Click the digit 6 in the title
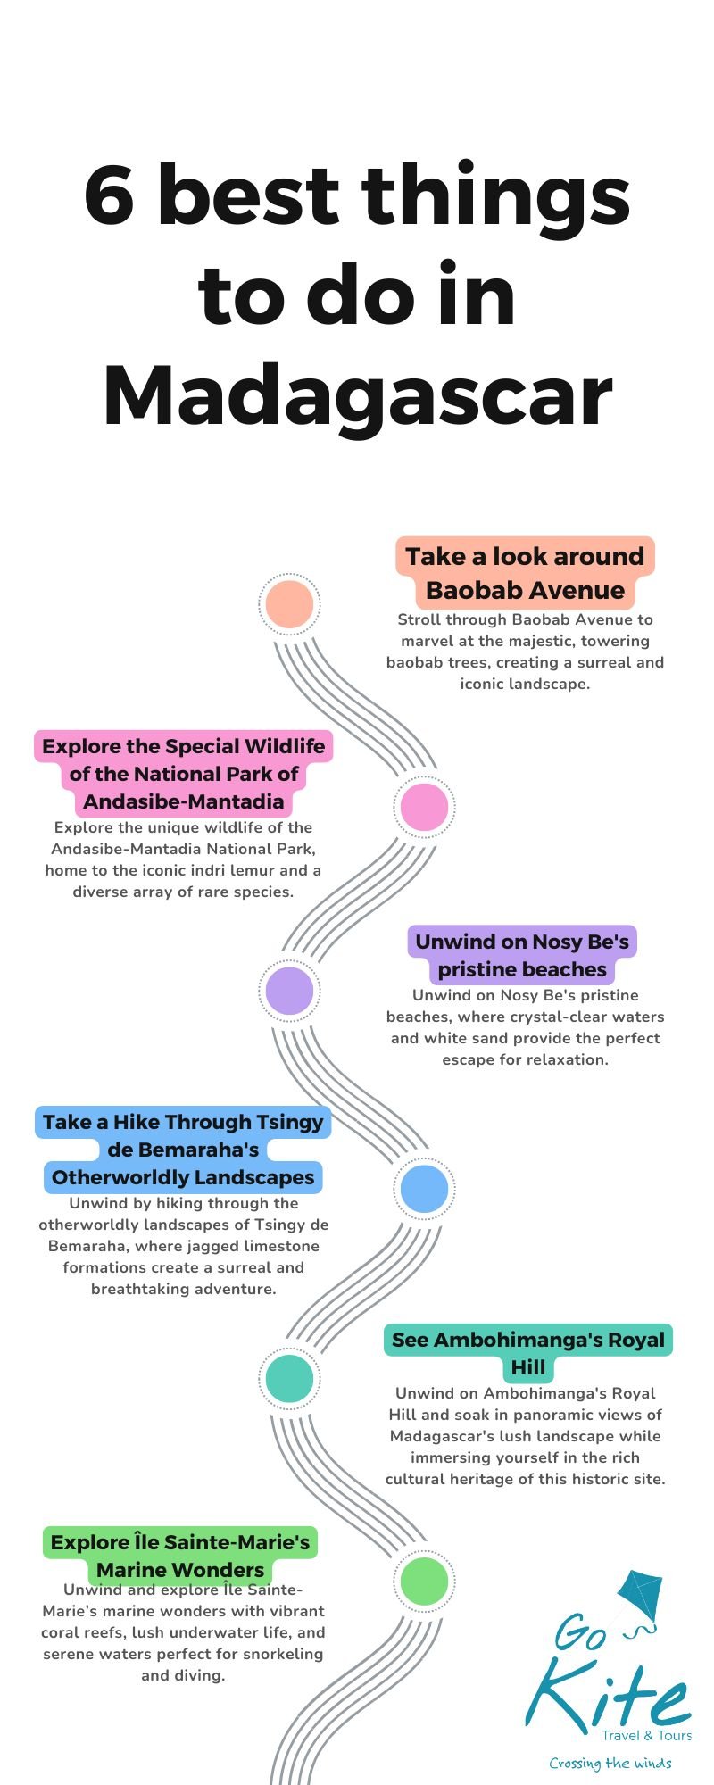[x=110, y=195]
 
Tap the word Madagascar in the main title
[x=358, y=394]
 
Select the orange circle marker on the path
[x=289, y=604]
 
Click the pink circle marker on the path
[x=425, y=806]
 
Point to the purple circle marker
[x=289, y=991]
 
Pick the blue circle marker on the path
[x=425, y=1188]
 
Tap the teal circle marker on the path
[x=289, y=1378]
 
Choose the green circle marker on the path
[x=425, y=1581]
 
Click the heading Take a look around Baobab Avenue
[x=525, y=573]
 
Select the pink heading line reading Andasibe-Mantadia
[x=184, y=801]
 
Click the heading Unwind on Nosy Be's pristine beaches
[x=522, y=955]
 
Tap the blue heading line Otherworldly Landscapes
[x=183, y=1177]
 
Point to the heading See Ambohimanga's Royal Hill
[x=528, y=1353]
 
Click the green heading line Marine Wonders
[x=180, y=1569]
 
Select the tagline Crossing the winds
[x=610, y=1763]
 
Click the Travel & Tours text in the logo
[x=647, y=1735]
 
